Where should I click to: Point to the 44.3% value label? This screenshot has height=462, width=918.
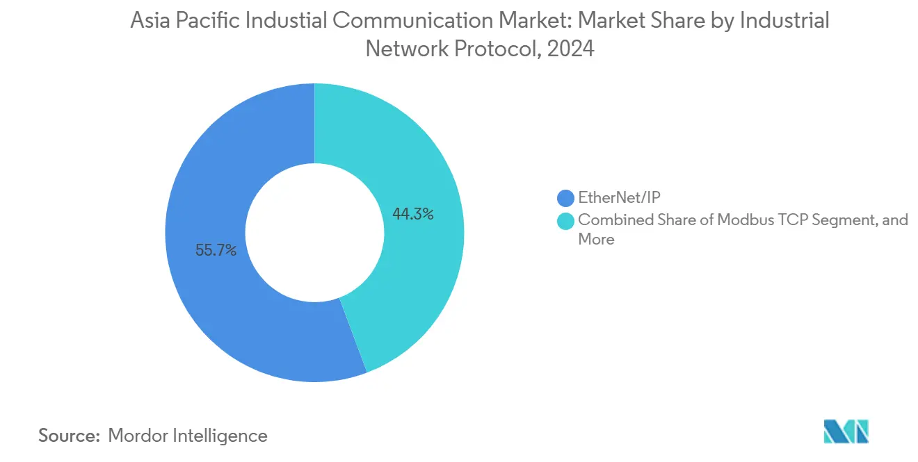click(x=413, y=215)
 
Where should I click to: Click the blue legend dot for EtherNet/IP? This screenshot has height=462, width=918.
click(x=565, y=198)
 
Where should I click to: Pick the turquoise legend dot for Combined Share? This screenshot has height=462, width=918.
click(x=565, y=221)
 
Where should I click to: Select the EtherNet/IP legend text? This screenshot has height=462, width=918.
click(x=619, y=198)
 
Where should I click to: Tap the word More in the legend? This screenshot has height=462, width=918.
click(x=596, y=240)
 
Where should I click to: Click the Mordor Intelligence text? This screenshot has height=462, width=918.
click(x=188, y=436)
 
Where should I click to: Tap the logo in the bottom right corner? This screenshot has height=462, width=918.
click(x=846, y=431)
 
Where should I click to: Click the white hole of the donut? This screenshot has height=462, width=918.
click(x=314, y=233)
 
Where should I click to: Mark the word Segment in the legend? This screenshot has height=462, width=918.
click(x=835, y=220)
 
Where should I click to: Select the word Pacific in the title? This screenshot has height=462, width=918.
click(x=210, y=21)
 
